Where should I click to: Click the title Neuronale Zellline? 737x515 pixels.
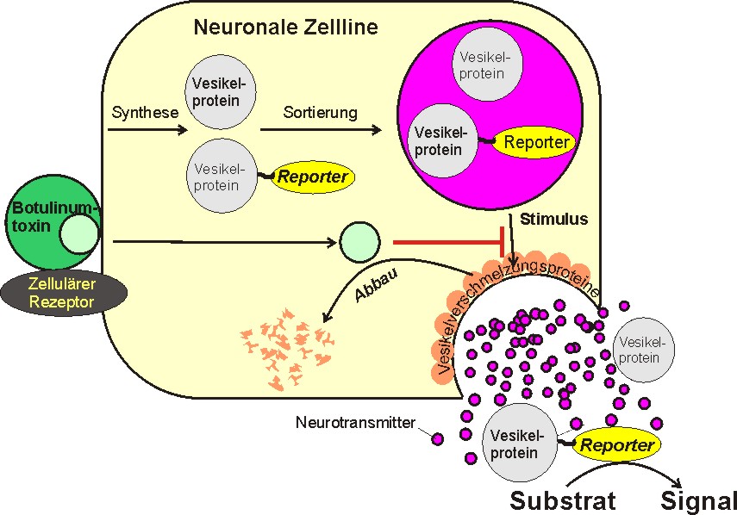285,27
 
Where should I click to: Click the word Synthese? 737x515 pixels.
145,113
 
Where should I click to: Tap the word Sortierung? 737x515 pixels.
320,113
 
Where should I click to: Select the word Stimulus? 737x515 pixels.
553,220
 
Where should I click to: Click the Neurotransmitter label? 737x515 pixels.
355,423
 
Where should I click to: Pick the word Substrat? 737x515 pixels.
563,500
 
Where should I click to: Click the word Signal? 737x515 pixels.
699,500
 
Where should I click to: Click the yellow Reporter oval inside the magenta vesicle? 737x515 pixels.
534,142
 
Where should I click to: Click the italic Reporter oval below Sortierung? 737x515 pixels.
311,177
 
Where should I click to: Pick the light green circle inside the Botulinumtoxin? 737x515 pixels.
78,234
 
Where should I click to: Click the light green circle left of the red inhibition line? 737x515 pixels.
359,240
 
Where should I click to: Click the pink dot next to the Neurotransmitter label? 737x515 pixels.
437,438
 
